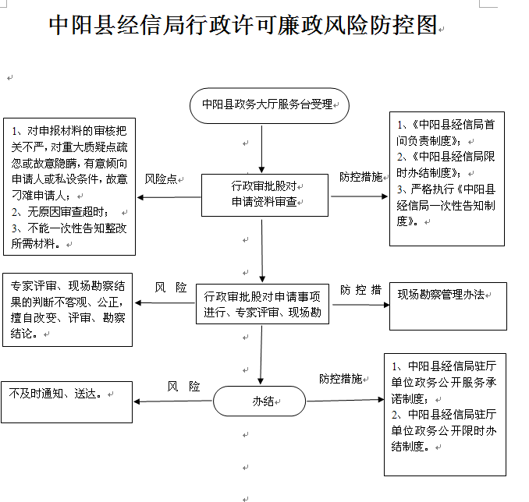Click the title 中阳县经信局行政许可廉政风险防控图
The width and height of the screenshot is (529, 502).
pos(243,25)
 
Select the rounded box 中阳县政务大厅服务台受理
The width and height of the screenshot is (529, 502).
pos(269,105)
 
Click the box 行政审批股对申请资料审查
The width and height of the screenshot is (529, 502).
pos(264,195)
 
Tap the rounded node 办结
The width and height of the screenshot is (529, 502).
pos(260,401)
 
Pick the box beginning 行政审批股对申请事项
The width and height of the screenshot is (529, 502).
pos(262,304)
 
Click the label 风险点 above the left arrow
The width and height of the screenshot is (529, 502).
pos(161,179)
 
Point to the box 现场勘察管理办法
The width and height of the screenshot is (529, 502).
pos(448,306)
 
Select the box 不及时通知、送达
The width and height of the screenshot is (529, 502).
pos(67,402)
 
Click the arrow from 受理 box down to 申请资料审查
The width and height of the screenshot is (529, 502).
pos(261,150)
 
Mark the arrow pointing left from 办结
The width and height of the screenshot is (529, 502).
pos(173,401)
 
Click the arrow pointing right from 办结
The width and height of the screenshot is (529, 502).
pos(345,400)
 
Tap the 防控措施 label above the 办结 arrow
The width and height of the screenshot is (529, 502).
pos(341,379)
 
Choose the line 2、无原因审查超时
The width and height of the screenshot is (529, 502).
pos(60,212)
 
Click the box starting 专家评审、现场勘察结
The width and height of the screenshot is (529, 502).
pos(67,309)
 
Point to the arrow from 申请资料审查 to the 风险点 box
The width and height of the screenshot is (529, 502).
pos(169,197)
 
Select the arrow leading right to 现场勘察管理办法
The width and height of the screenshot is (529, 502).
pos(361,305)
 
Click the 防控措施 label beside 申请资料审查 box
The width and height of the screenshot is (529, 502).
pos(361,177)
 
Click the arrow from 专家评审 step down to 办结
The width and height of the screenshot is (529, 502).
pos(261,355)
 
